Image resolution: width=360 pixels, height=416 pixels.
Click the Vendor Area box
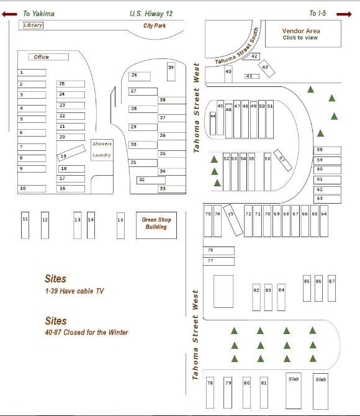(x=301, y=34)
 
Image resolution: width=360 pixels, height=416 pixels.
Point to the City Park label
(x=155, y=26)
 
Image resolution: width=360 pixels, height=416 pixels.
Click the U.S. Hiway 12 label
(x=150, y=13)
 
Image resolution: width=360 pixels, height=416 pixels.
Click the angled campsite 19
(x=71, y=153)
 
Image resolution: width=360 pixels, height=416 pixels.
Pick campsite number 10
(x=32, y=188)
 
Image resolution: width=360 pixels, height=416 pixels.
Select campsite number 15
(x=120, y=225)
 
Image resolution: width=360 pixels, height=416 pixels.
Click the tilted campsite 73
(x=232, y=219)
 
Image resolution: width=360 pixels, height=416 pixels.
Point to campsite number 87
(x=331, y=287)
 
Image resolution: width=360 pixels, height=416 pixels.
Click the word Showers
(x=102, y=144)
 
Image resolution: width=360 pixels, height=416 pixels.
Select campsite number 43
(x=265, y=67)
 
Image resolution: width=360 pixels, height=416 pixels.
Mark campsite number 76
(x=219, y=250)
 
